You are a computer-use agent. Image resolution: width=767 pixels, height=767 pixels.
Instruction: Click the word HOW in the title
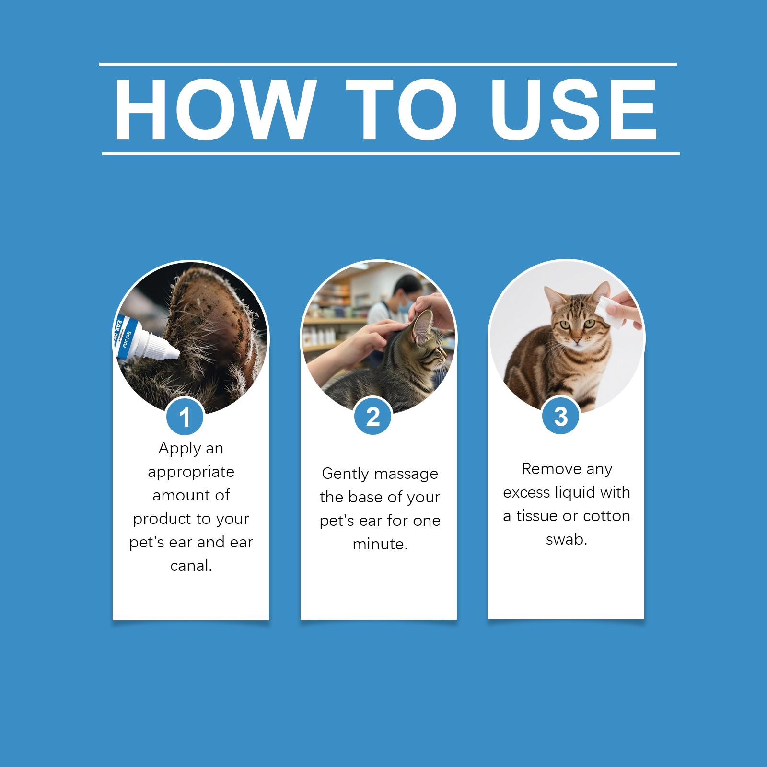click(214, 110)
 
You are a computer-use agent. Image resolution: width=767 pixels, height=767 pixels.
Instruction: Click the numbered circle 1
click(185, 416)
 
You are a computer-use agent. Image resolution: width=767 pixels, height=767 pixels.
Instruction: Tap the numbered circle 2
click(373, 416)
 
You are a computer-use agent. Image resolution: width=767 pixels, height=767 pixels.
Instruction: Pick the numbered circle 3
click(561, 416)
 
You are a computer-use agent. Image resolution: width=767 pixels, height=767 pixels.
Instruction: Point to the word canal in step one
click(191, 566)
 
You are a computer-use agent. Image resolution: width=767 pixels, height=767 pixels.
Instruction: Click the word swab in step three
click(566, 540)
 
